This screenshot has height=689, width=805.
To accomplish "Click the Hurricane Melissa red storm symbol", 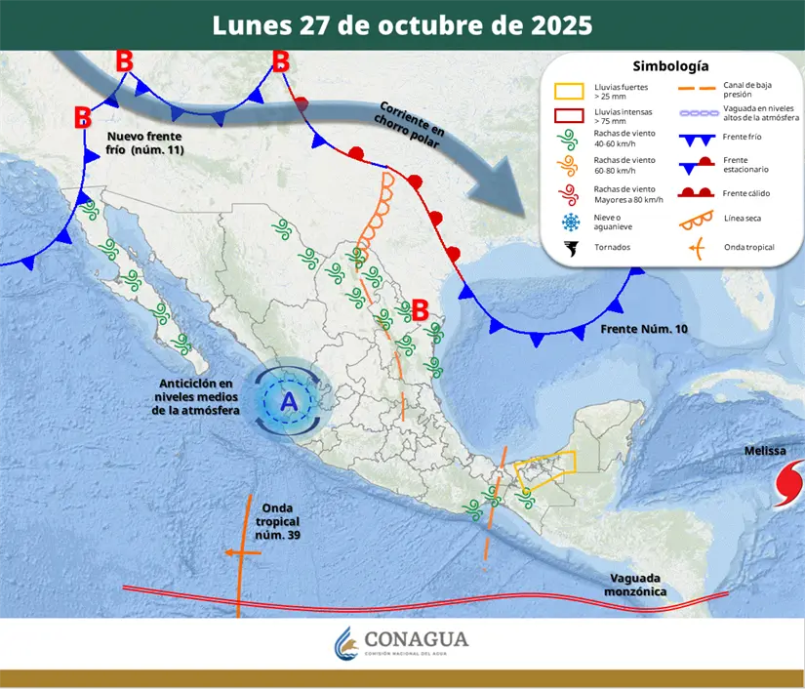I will [x=786, y=485].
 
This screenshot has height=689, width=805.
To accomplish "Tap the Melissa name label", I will [x=765, y=451].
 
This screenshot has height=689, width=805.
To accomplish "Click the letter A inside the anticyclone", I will [x=289, y=401].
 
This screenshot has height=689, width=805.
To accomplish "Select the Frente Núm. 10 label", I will [x=644, y=330].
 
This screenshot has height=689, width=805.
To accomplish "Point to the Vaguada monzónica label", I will [x=635, y=586].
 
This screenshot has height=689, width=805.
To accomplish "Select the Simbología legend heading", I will [x=670, y=66].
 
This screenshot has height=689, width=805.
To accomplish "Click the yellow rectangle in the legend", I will [x=569, y=91].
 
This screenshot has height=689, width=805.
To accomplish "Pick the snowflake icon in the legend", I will [x=569, y=221].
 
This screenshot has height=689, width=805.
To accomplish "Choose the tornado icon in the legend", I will [x=569, y=248].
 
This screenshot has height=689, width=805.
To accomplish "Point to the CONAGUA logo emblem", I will [x=346, y=643].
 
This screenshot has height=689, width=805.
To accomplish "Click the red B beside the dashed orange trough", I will [x=421, y=310].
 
